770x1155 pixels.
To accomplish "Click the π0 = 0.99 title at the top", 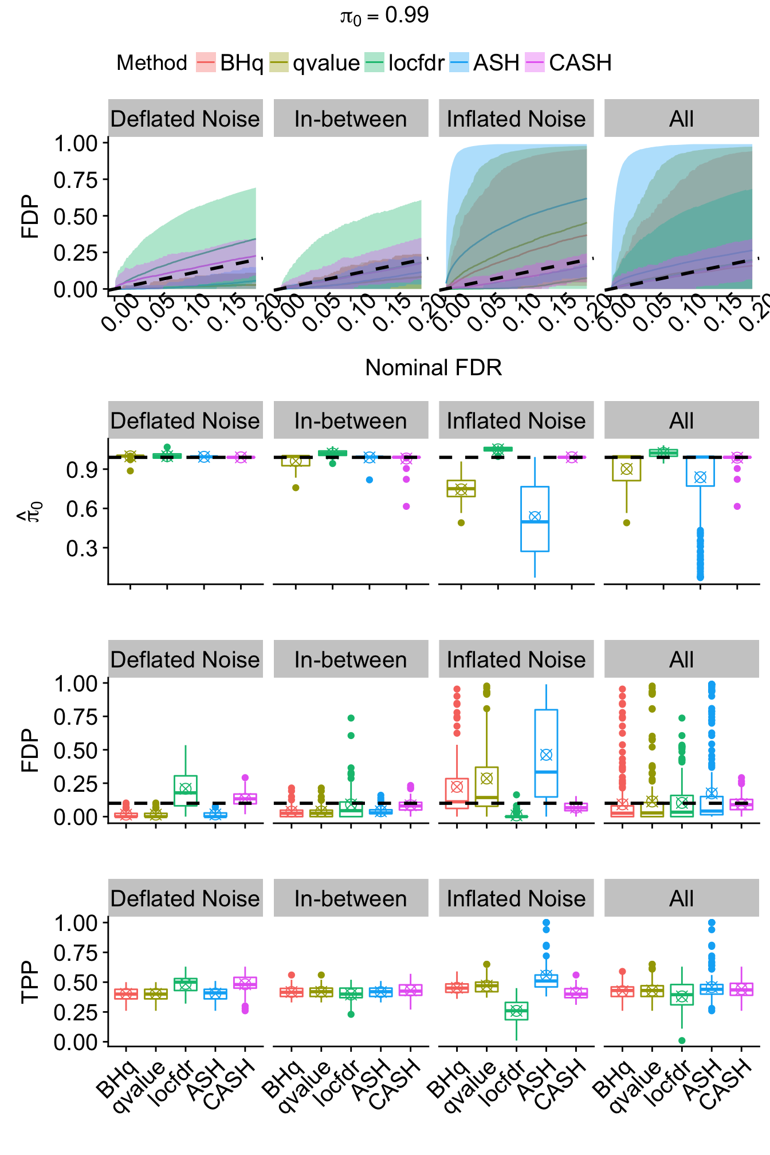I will [x=384, y=15].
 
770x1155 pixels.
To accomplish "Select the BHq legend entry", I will [x=230, y=62].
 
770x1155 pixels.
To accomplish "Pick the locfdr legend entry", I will [x=405, y=62].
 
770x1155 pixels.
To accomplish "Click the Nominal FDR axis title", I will [x=433, y=368].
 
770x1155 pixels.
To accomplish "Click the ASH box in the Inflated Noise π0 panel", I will [x=535, y=518].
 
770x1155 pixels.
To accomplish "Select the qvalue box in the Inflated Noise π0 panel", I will [x=461, y=488].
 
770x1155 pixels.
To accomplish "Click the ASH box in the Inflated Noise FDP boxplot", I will [x=546, y=753].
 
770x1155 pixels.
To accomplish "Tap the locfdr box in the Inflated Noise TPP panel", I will [x=516, y=1011].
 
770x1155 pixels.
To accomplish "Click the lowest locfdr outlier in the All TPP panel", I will [x=682, y=1040].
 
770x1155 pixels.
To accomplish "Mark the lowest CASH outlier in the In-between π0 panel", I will [x=406, y=506].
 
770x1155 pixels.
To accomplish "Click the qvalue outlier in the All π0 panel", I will [x=627, y=522].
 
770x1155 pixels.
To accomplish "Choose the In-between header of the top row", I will [x=351, y=119].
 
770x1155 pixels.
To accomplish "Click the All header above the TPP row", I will [x=681, y=898].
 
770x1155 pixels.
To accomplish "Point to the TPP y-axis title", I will [x=30, y=982].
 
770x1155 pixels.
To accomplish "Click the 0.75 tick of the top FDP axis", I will [x=76, y=180].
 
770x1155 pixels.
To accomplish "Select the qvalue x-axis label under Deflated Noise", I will [x=139, y=1086].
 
